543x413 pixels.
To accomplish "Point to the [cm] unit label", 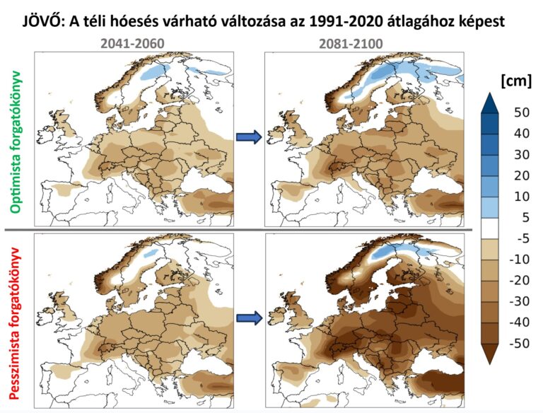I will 515,81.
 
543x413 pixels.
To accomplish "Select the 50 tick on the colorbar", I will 522,112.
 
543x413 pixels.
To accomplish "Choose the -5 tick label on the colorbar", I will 522,239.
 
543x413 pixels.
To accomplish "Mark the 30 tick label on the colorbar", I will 522,154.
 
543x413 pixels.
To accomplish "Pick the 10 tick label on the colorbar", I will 522,197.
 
